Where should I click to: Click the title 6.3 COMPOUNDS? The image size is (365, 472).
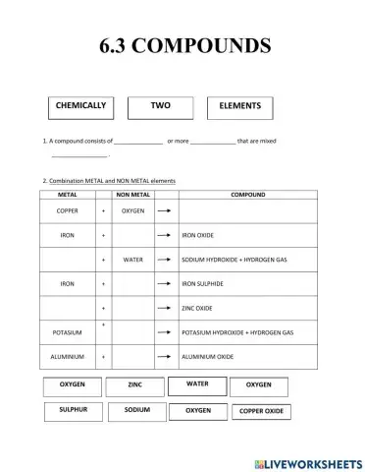pyautogui.click(x=182, y=45)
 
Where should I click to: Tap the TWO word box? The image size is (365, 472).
pyautogui.click(x=160, y=106)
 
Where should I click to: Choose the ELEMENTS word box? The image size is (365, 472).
pyautogui.click(x=239, y=106)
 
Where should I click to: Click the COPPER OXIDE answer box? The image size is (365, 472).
pyautogui.click(x=261, y=411)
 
